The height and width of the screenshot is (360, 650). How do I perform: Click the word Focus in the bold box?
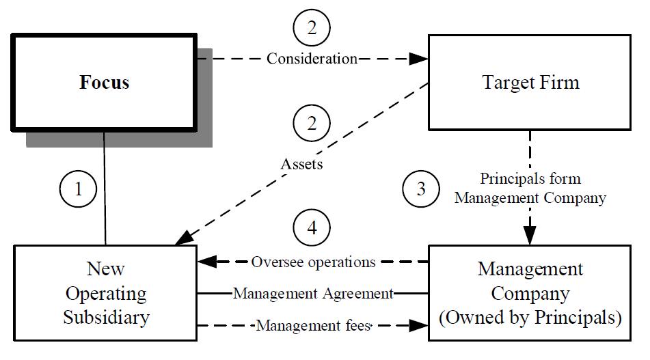tap(105, 83)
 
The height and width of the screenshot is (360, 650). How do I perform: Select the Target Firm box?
tap(530, 83)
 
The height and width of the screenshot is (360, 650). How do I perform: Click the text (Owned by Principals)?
tap(530, 318)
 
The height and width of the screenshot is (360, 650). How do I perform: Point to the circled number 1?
tap(77, 189)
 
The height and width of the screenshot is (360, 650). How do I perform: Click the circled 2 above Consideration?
tap(312, 28)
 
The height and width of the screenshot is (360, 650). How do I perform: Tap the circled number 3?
tap(421, 189)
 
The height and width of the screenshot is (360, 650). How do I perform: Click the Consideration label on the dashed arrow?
tap(312, 59)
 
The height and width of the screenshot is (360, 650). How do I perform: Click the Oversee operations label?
tap(313, 262)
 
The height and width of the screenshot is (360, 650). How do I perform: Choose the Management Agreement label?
tap(313, 294)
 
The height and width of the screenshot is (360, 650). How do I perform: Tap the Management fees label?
tap(313, 326)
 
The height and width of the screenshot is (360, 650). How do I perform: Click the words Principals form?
tap(530, 179)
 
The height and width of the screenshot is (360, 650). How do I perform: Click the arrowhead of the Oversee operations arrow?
tap(206, 262)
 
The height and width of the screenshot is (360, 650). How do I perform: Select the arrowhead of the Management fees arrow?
tap(419, 326)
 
